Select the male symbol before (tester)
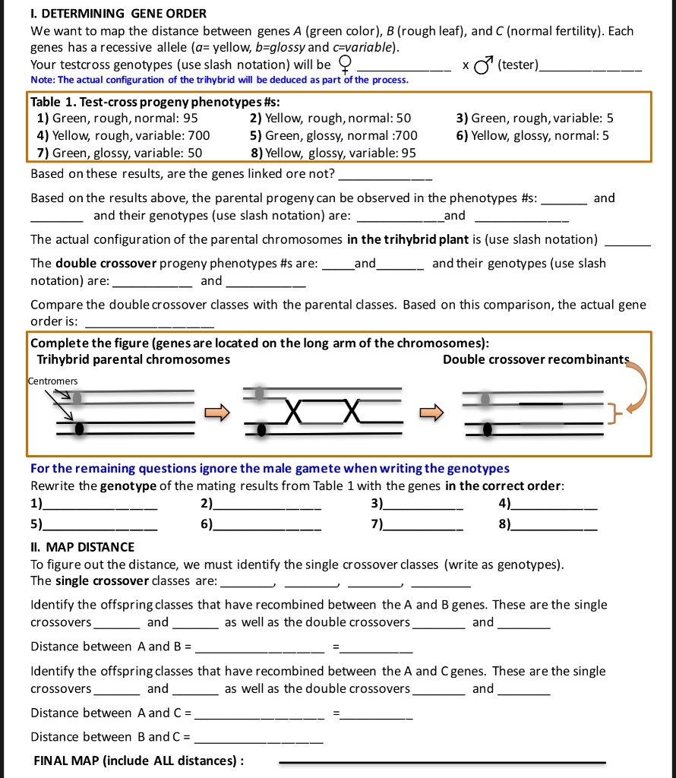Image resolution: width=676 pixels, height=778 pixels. click(x=482, y=65)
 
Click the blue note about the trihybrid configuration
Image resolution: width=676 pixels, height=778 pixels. click(x=220, y=80)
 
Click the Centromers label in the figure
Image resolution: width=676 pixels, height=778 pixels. click(x=54, y=380)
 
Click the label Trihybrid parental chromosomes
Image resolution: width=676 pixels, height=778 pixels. click(x=134, y=359)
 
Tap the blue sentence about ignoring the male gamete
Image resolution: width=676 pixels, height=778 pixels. click(x=270, y=468)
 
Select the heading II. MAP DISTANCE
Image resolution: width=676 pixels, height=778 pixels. click(x=83, y=547)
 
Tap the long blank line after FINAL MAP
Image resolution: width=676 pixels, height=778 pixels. click(x=443, y=761)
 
